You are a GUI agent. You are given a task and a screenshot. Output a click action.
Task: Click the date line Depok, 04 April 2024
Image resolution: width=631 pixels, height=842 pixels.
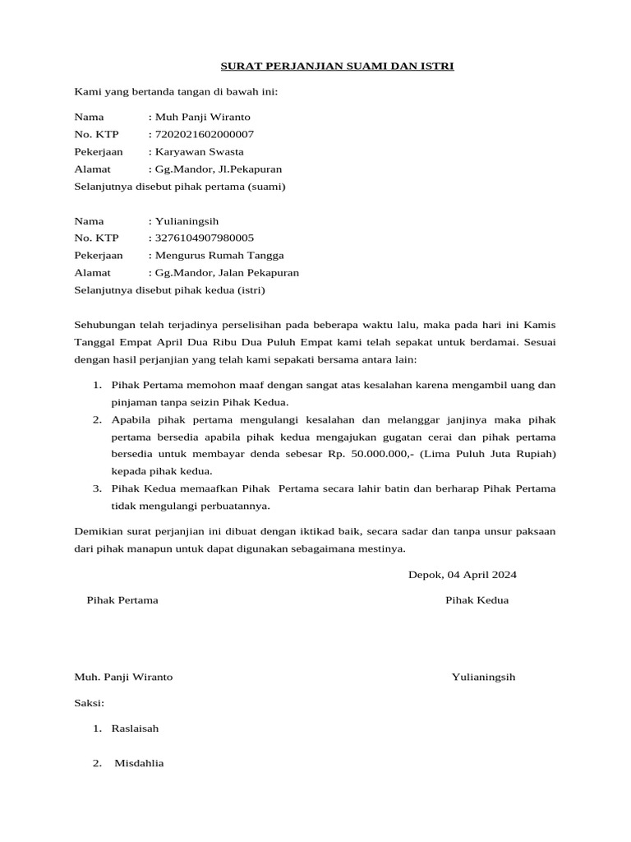[x=463, y=574]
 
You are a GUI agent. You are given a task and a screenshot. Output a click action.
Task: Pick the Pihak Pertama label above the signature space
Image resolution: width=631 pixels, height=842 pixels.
[x=122, y=600]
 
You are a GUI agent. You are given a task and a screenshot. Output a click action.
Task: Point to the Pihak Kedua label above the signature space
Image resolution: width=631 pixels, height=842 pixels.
[x=477, y=600]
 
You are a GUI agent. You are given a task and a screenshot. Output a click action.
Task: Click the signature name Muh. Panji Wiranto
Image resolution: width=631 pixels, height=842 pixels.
[x=124, y=677]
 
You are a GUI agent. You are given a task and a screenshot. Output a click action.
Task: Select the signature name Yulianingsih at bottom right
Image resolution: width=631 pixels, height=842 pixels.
[x=483, y=677]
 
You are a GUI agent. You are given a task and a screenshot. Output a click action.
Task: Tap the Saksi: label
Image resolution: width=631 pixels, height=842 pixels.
[x=90, y=703]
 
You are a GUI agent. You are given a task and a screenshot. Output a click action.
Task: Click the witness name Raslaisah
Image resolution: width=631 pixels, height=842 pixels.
[x=136, y=729]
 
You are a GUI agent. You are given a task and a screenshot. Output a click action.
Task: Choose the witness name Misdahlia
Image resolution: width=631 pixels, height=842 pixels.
[x=139, y=763]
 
